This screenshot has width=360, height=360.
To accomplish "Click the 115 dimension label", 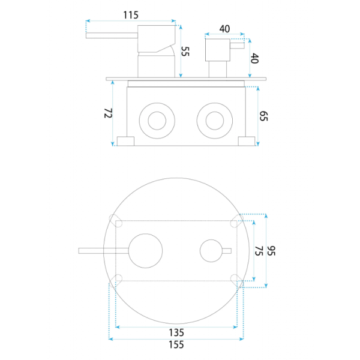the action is (131, 15).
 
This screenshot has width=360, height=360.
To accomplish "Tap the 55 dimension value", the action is (185, 51).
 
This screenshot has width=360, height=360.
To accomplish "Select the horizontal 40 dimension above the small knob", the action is (224, 29).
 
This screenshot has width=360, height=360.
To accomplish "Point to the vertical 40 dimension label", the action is (254, 58).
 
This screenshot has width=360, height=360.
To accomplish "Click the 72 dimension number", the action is (108, 113).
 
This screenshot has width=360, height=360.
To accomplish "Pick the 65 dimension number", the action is (263, 116).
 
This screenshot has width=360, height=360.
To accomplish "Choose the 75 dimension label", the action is (259, 251).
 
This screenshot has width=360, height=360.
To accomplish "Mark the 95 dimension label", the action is (271, 251).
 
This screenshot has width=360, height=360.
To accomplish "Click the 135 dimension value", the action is (176, 332).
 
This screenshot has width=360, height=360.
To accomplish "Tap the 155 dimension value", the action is (176, 344).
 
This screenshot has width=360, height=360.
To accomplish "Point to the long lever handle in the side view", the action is (112, 35).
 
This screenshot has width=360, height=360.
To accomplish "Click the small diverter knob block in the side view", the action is (218, 50).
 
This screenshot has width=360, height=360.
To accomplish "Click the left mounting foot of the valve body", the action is (125, 141).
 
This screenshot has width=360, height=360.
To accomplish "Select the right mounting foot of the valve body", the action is (247, 141).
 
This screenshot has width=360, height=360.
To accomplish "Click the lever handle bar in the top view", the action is (104, 251).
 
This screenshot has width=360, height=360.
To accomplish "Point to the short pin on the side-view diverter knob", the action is (237, 46).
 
